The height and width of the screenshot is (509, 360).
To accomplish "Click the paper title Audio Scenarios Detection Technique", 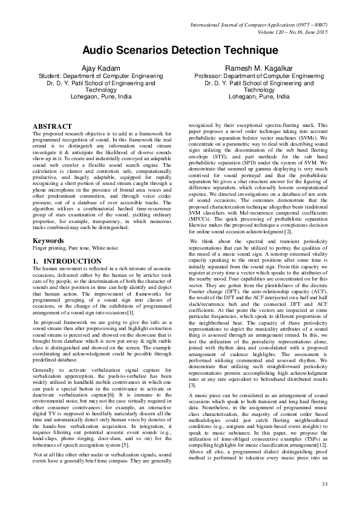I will pyautogui.click(x=180, y=53).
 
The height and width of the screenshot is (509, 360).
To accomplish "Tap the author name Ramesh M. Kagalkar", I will pyautogui.click(x=258, y=68).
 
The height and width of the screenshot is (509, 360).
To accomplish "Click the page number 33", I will pyautogui.click(x=324, y=484).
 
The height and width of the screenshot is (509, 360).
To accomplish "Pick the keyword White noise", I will pyautogui.click(x=106, y=248).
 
